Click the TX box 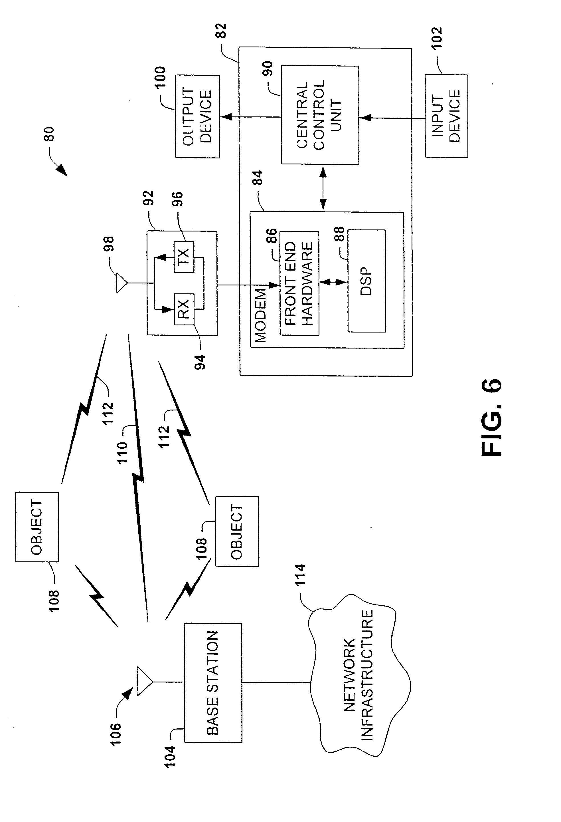pyautogui.click(x=184, y=257)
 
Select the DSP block pyautogui.click(x=366, y=281)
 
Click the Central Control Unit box pyautogui.click(x=319, y=115)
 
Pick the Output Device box pyautogui.click(x=197, y=116)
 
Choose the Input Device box pyautogui.click(x=446, y=116)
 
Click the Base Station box pyautogui.click(x=213, y=683)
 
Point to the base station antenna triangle pyautogui.click(x=143, y=681)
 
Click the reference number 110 pyautogui.click(x=121, y=453)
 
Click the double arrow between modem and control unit pyautogui.click(x=323, y=188)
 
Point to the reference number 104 pyautogui.click(x=170, y=757)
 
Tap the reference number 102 pyautogui.click(x=437, y=38)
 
